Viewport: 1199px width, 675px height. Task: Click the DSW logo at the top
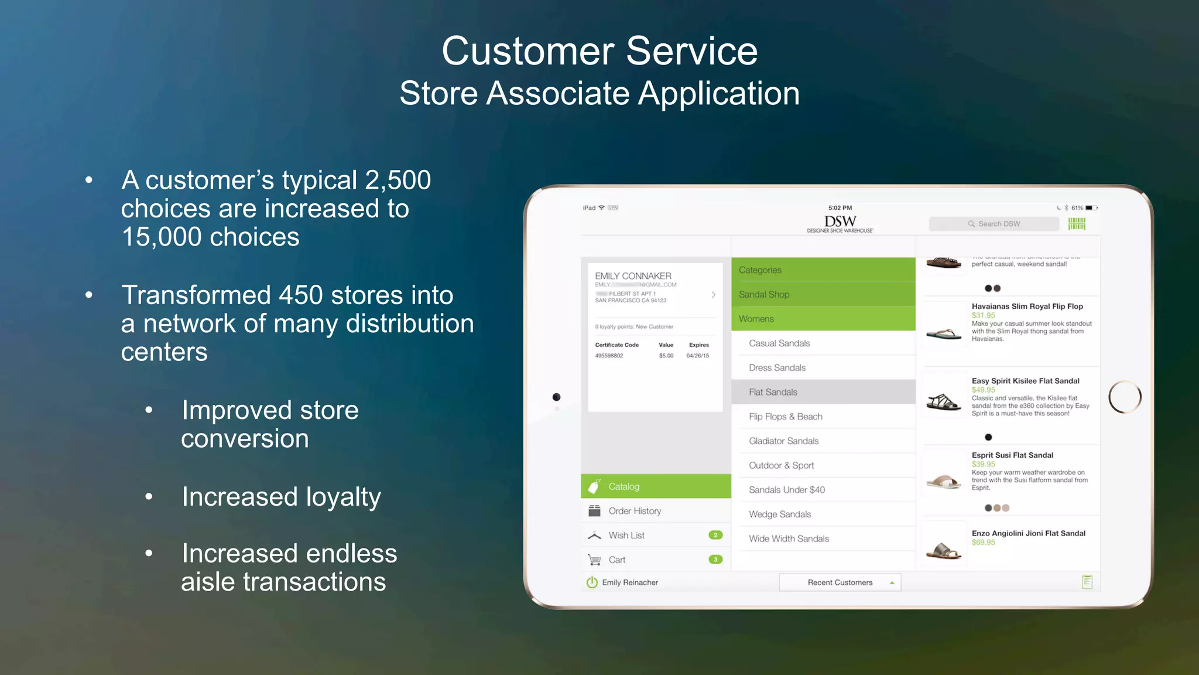coord(840,223)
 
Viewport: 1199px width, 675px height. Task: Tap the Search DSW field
coord(994,224)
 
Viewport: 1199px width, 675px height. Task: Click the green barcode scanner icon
coord(1077,224)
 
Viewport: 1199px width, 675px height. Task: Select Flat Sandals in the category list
coord(773,392)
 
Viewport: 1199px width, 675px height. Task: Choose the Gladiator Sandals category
coord(783,441)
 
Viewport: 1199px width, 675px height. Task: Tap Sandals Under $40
coord(786,490)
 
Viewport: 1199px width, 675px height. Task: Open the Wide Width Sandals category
coord(789,538)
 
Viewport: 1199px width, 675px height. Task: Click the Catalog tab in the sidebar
coord(624,486)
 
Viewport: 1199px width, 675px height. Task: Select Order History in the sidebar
coord(635,511)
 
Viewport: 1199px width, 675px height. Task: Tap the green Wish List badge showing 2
coord(715,535)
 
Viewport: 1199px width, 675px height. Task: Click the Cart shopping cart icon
coord(595,560)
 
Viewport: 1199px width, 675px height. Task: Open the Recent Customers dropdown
coord(840,582)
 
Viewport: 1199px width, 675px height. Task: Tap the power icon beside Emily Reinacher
coord(592,582)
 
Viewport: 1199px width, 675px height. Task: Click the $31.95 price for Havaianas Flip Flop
coord(983,315)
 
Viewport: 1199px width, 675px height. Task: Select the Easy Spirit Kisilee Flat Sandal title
coord(1025,381)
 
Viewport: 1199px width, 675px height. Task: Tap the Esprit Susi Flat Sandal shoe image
coord(944,481)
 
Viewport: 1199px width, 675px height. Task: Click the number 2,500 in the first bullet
coord(398,180)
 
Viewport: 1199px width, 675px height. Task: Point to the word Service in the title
coord(691,51)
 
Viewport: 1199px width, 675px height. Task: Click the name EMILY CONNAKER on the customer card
coord(633,276)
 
